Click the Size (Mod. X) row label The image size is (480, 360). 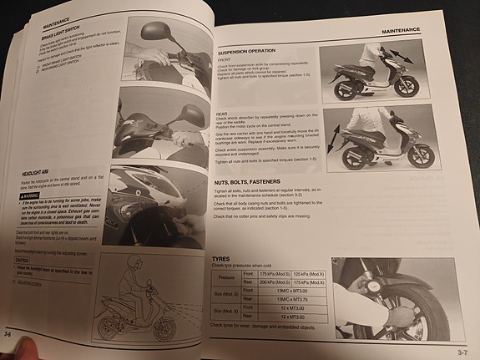pyautogui.click(x=225, y=313)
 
